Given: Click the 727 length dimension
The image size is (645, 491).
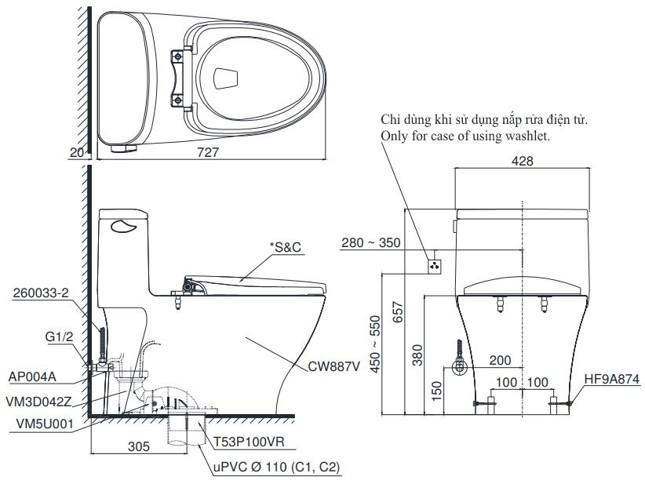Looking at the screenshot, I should pos(210,154).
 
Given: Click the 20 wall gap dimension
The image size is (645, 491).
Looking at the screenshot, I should pos(76,154).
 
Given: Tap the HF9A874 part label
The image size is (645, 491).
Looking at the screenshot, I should pos(611,377).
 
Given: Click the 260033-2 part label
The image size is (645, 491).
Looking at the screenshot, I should pos(40,293).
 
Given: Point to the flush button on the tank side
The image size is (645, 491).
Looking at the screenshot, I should pos(123,227).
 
